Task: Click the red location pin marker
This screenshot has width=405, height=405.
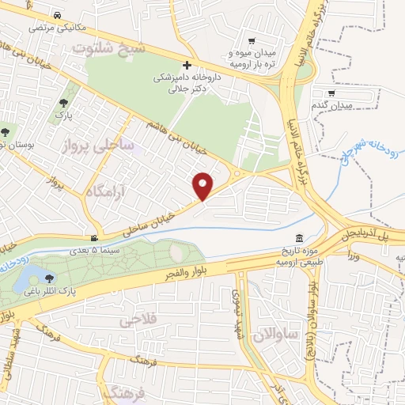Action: [204, 186]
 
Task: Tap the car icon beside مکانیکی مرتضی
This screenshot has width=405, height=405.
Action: [58, 16]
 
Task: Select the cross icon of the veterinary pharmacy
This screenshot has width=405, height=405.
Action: [187, 65]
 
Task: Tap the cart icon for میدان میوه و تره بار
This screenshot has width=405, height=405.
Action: [252, 42]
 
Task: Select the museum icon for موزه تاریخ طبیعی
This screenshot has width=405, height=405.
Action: [299, 239]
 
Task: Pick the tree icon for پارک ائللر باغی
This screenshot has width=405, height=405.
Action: [51, 278]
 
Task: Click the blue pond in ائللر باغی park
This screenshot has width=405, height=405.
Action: [34, 275]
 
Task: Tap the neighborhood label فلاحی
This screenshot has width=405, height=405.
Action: [138, 321]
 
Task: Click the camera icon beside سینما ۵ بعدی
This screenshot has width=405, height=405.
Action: [94, 238]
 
